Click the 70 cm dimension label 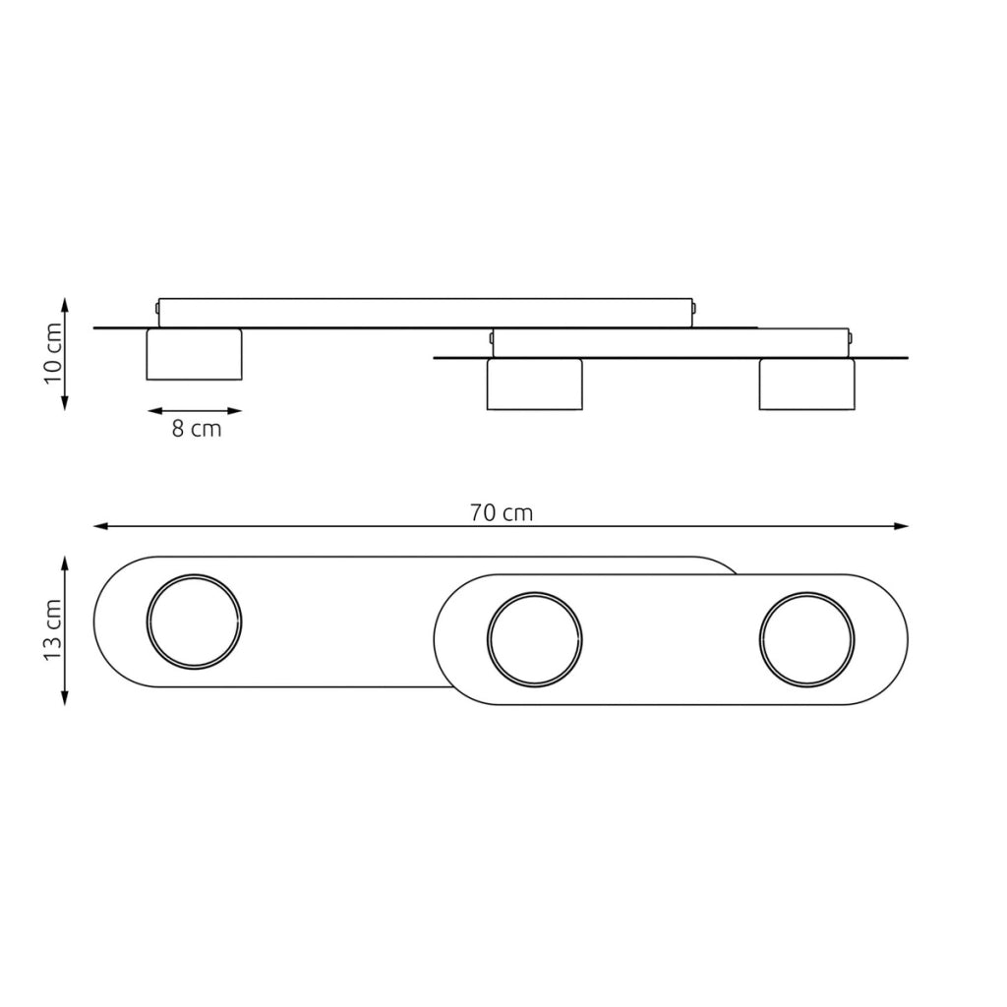click(x=501, y=513)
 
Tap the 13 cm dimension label click(x=52, y=629)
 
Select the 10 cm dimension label click(x=52, y=353)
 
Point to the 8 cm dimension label click(x=197, y=429)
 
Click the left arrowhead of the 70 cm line click(x=100, y=526)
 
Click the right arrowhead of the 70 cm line click(x=902, y=526)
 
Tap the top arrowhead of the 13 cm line click(x=64, y=563)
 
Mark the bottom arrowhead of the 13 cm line click(x=64, y=698)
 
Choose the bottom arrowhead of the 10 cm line click(x=64, y=402)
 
